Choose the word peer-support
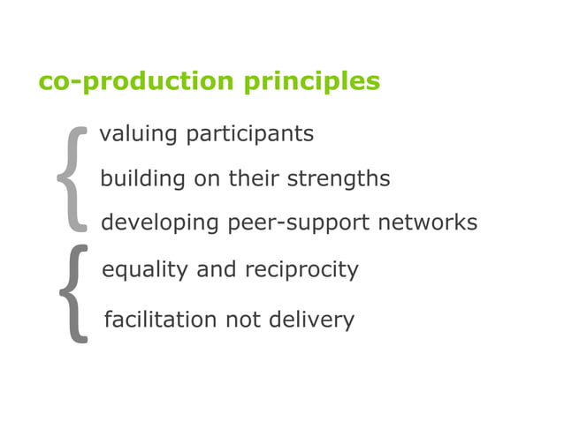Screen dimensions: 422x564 [x=300, y=223]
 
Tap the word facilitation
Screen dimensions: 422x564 [x=161, y=320]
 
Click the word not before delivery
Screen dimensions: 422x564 [x=243, y=320]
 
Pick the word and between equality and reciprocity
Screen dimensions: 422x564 [x=217, y=270]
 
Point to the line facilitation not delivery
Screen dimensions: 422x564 [x=229, y=320]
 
